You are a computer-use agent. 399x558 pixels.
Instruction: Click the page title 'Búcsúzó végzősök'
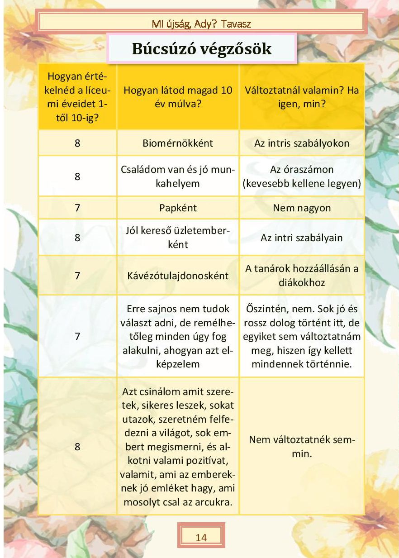pos(202,48)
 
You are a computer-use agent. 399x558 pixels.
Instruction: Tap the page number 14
pos(201,537)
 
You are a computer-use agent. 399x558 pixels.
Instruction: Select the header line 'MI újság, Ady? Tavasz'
pos(202,24)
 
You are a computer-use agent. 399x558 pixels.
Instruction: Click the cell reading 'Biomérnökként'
pos(178,143)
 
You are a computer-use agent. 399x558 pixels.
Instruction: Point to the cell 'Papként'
pos(178,208)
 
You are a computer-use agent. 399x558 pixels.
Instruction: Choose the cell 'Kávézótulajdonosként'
pos(178,276)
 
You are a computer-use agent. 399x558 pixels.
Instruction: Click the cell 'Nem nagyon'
pos(302,208)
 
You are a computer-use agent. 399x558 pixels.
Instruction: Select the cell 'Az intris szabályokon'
pos(302,143)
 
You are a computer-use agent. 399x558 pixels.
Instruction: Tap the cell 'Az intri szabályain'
pos(302,238)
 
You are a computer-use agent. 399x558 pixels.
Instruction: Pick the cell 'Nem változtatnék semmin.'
pos(302,446)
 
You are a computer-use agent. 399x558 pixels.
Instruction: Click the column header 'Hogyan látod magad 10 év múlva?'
pos(178,96)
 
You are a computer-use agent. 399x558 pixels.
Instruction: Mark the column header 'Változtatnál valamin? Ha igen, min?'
pos(302,96)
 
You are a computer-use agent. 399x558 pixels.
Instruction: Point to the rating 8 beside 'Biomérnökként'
pos(77,143)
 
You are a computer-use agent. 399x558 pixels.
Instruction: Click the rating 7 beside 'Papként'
pos(77,208)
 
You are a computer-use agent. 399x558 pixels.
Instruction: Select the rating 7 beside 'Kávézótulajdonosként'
pos(77,276)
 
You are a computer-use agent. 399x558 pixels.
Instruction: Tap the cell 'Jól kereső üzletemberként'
pos(178,238)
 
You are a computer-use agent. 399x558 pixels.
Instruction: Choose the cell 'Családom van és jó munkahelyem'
pos(178,176)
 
